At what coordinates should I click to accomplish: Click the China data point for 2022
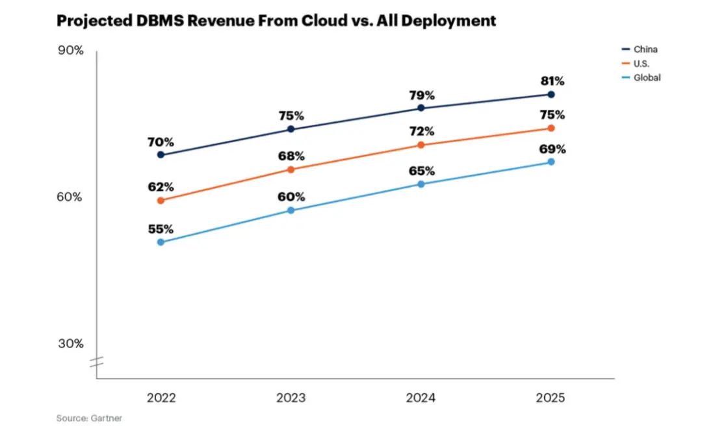click(161, 155)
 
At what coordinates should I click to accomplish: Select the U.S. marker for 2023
click(291, 169)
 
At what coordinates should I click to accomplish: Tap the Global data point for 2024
click(421, 184)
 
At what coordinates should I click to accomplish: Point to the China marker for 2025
click(551, 94)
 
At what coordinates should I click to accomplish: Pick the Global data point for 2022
click(161, 242)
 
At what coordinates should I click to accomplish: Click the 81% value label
click(552, 82)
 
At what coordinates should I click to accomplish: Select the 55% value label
click(161, 229)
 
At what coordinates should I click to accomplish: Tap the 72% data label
click(421, 132)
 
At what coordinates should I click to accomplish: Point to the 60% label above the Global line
click(291, 197)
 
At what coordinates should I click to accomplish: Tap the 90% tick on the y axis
click(71, 51)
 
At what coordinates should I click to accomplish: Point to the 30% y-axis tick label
click(71, 344)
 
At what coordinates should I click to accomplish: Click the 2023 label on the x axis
click(291, 397)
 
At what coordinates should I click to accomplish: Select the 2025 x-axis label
click(551, 397)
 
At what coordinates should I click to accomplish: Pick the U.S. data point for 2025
click(551, 128)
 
